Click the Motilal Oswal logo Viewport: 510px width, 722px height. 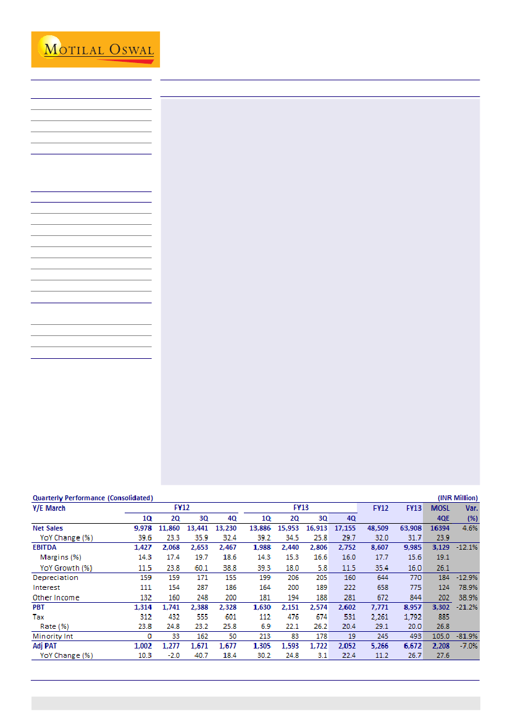pyautogui.click(x=96, y=49)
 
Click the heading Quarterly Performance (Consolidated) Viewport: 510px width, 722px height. pyautogui.click(x=93, y=498)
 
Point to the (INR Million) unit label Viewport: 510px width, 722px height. pyautogui.click(x=458, y=498)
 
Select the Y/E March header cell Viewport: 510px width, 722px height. pyautogui.click(x=49, y=508)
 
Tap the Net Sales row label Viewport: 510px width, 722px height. pyautogui.click(x=48, y=528)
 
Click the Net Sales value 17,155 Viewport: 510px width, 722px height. pyautogui.click(x=345, y=528)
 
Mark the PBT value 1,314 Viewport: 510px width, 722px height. pyautogui.click(x=142, y=607)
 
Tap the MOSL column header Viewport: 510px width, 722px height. pyautogui.click(x=440, y=508)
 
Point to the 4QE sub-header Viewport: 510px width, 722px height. pyautogui.click(x=443, y=518)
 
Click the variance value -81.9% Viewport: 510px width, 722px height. pyautogui.click(x=467, y=636)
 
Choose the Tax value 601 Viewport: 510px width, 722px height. pyautogui.click(x=228, y=616)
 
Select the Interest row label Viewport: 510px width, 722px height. pyautogui.click(x=46, y=587)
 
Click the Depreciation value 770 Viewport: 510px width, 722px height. pyautogui.click(x=414, y=577)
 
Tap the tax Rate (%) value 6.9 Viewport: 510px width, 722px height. pyautogui.click(x=266, y=626)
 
